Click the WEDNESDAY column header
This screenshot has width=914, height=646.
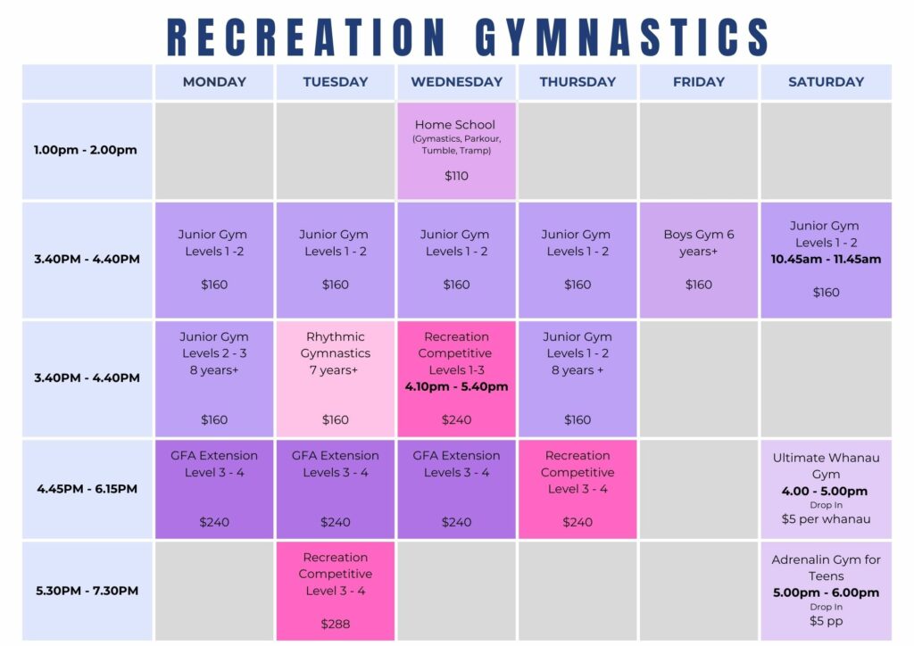click(456, 81)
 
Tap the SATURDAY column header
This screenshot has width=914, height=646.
click(826, 81)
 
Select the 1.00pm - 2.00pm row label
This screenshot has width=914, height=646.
click(85, 150)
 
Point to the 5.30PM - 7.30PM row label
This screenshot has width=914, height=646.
click(87, 591)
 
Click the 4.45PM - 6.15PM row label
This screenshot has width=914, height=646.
click(87, 489)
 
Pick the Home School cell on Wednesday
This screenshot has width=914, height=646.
click(456, 151)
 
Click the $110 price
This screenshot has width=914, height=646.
click(456, 176)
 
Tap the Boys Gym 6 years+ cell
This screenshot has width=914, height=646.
click(699, 260)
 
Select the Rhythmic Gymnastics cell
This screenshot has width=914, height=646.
click(336, 378)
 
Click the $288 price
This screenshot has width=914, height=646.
click(336, 624)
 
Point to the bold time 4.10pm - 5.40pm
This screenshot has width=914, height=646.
click(456, 386)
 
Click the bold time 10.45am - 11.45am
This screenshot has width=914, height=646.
click(826, 260)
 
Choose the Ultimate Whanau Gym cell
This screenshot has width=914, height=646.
click(826, 489)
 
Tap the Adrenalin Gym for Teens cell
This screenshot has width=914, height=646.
click(826, 591)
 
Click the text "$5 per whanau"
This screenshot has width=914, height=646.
click(826, 519)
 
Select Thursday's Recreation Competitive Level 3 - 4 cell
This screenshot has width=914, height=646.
click(577, 489)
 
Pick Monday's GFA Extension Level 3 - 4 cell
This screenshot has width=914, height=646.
click(214, 489)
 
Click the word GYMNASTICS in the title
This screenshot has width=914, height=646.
click(622, 37)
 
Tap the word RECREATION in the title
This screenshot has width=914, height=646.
click(305, 37)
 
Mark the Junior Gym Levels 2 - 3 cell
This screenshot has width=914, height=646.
click(214, 378)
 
